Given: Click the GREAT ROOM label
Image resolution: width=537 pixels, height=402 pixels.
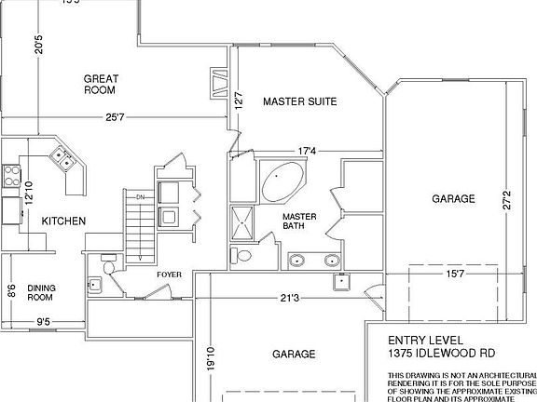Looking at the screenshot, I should click(100, 85).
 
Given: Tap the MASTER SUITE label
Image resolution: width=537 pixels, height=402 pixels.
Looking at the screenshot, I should click(299, 100).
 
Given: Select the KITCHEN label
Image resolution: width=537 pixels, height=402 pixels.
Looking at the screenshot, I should click(63, 221).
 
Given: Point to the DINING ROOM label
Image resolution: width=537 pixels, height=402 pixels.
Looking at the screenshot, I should click(42, 292).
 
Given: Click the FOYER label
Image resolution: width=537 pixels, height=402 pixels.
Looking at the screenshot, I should click(169, 275).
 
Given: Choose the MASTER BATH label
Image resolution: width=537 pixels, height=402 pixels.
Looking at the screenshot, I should click(299, 221).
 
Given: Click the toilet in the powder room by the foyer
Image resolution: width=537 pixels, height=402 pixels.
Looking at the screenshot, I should click(108, 268).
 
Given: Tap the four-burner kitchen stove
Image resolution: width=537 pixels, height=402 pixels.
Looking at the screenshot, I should click(10, 172).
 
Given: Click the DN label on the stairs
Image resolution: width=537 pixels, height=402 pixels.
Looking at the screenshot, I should click(141, 197).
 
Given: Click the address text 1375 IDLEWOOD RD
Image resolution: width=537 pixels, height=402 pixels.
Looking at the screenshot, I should click(443, 354).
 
